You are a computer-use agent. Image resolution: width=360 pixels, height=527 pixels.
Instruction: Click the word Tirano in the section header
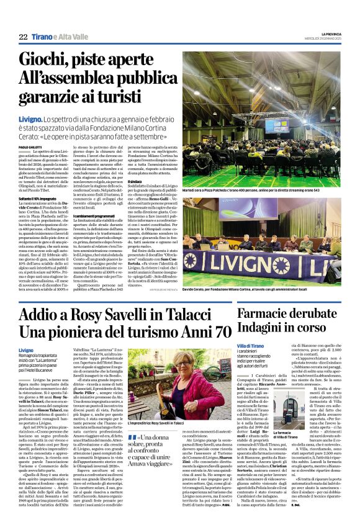pyautogui.click(x=42, y=37)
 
